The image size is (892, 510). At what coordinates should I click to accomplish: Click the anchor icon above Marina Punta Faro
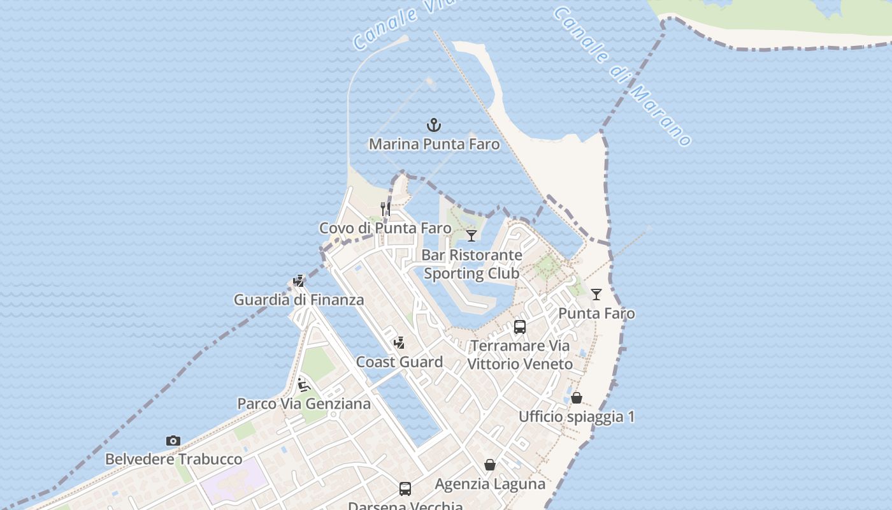[434, 124]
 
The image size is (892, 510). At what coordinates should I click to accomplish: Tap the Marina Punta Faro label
[434, 144]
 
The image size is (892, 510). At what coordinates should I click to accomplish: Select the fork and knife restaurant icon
[385, 208]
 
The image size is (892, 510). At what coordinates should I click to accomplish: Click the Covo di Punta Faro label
[385, 228]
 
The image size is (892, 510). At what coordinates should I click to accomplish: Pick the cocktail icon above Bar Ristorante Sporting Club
[471, 235]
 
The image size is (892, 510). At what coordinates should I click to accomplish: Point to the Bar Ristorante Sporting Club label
[471, 264]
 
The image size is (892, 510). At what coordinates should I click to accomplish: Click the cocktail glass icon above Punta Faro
[596, 294]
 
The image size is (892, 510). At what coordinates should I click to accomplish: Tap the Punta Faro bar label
[596, 314]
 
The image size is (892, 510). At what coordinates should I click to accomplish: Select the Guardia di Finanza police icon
[299, 280]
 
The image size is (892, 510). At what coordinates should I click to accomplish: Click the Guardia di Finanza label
[299, 300]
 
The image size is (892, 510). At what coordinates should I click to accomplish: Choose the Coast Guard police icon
[399, 342]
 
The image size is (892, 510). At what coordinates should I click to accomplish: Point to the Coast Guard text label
[399, 362]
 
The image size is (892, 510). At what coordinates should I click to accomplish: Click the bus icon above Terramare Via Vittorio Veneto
[520, 327]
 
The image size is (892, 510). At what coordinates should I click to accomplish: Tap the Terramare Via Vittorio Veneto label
[520, 355]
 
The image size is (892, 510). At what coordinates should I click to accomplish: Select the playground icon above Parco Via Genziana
[304, 384]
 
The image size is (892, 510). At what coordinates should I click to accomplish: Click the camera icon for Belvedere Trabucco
[173, 441]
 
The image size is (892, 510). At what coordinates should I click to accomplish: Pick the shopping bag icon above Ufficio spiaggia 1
[577, 398]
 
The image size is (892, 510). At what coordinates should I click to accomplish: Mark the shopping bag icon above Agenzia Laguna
[490, 465]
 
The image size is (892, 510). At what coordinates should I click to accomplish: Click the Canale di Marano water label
[622, 76]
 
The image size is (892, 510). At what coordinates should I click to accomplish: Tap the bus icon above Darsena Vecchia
[405, 489]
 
